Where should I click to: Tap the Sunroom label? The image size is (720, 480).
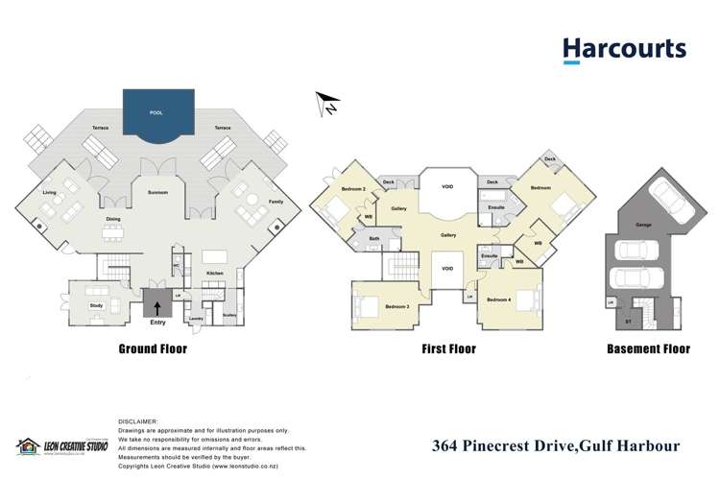pos(158,193)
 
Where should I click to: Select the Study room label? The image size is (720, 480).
pos(97,305)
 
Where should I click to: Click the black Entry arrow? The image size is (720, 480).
pos(157,307)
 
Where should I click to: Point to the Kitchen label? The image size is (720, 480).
pos(215,273)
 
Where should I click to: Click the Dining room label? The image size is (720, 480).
pos(114,218)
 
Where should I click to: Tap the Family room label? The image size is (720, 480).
pos(276,202)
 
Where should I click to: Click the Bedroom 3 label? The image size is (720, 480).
pos(397,306)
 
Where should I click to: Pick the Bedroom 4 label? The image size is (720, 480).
pos(498,300)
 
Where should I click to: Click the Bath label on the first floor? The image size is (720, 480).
pos(374,239)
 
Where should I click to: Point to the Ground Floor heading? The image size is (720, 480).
pos(152,349)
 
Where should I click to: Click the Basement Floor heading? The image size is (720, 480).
pos(648,349)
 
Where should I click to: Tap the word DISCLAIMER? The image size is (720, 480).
pos(138,421)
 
